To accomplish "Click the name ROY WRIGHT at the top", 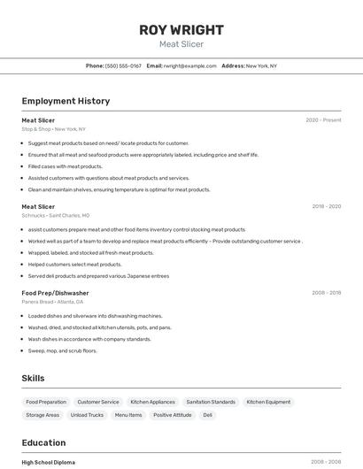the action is (x=181, y=30).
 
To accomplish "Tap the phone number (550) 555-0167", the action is (x=123, y=65).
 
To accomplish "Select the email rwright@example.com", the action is (x=189, y=65).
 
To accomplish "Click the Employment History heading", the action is (x=66, y=101).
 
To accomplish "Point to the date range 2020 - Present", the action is (x=323, y=120).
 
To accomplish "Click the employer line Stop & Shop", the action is (x=53, y=129).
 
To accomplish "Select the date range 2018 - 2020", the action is (x=326, y=206).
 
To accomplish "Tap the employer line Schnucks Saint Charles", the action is (x=55, y=215).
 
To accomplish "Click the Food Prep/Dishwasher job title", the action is (x=55, y=293).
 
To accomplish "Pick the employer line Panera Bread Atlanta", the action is (x=52, y=302).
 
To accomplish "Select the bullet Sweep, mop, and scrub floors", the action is (x=62, y=350).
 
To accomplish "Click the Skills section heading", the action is (x=33, y=378).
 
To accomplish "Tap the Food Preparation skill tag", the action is (x=46, y=402).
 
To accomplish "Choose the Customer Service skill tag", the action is (x=98, y=402).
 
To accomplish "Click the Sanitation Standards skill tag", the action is (x=211, y=402).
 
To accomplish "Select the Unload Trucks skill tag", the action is (x=87, y=415).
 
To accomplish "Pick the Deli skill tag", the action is (x=207, y=415).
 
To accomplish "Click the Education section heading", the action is (x=43, y=442).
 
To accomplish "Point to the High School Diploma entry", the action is (x=49, y=462).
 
